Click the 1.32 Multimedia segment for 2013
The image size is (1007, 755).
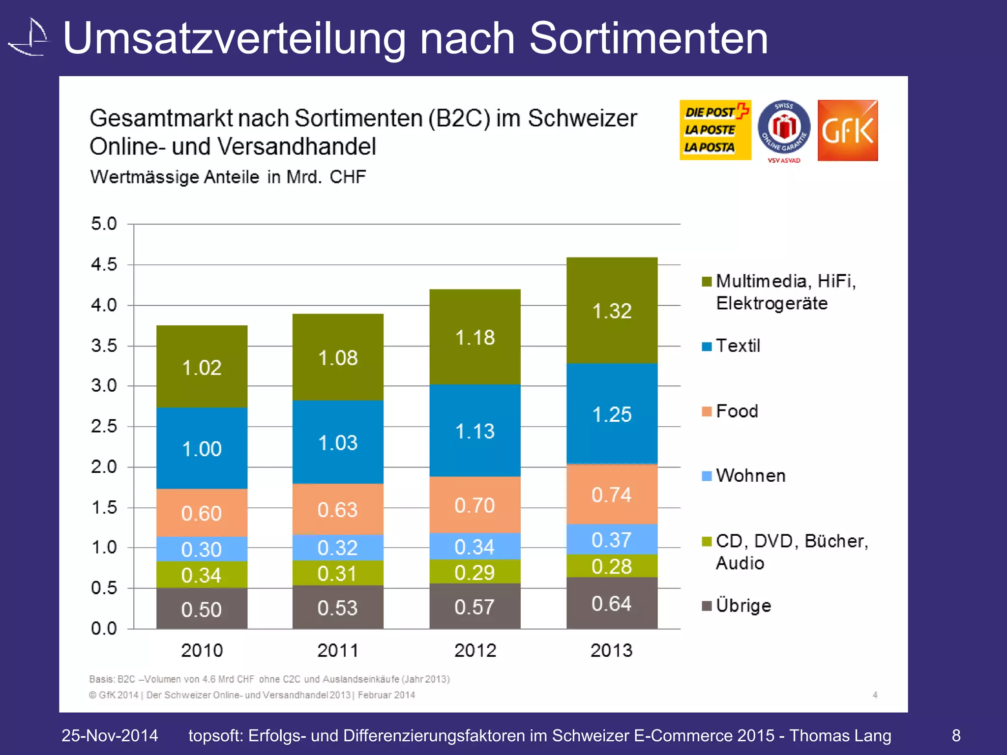[612, 311]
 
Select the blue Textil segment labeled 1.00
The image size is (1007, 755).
[202, 448]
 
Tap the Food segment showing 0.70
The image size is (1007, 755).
[474, 505]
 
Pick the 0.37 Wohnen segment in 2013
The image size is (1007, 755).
[612, 539]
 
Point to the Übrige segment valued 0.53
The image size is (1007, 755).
[338, 608]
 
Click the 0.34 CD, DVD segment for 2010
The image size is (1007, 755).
[202, 575]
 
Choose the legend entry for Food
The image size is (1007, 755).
[736, 411]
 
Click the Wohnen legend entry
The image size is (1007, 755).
[750, 475]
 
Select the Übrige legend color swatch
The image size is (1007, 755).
[707, 606]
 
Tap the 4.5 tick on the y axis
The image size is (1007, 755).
[104, 264]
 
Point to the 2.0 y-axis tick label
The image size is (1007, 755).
[104, 466]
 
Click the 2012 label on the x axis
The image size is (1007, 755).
[475, 650]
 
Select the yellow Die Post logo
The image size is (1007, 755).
[715, 130]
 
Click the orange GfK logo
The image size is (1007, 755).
[847, 130]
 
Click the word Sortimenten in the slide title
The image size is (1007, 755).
[648, 38]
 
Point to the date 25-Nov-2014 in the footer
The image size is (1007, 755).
[110, 735]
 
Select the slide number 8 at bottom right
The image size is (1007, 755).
[956, 735]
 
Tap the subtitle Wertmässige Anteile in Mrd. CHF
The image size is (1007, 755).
[228, 177]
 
